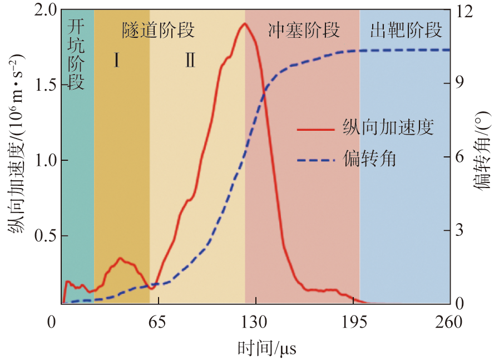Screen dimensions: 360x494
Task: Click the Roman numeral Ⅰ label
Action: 116,60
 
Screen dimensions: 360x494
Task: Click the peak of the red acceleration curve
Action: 244,23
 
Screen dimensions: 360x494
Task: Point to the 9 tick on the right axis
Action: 460,82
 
